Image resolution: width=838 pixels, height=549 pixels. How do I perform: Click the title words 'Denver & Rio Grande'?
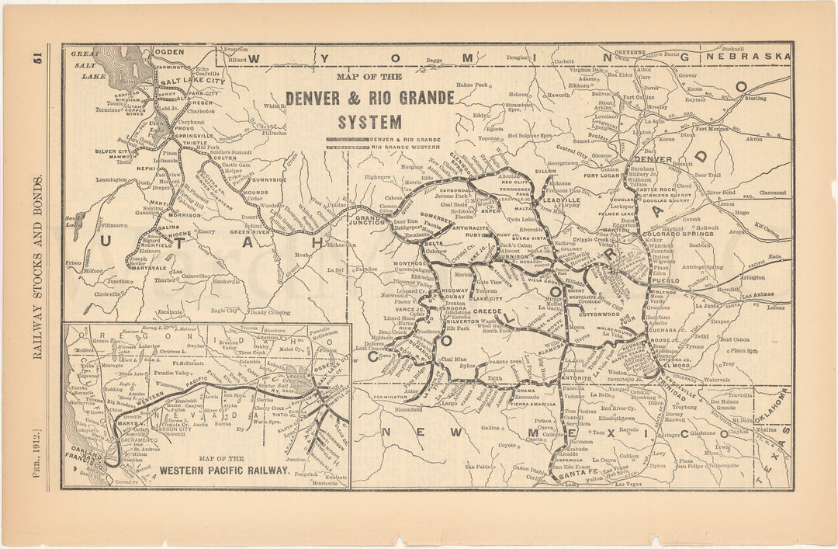point(369,99)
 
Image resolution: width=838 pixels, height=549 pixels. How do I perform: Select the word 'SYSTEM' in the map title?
point(369,122)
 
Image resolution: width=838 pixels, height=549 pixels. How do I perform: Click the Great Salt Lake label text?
point(87,61)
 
